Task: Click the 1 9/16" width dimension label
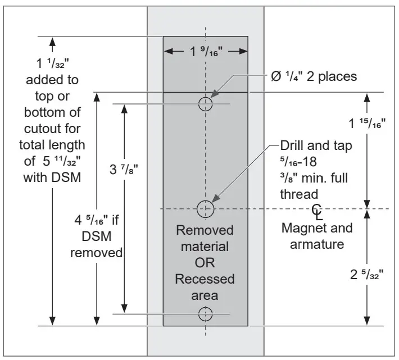(x=206, y=52)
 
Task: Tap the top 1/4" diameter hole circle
(x=206, y=103)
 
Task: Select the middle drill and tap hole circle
(x=206, y=208)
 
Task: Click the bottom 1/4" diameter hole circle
(x=206, y=314)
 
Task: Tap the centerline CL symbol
(x=318, y=211)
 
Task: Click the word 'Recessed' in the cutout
(x=205, y=279)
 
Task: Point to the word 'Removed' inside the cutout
(x=205, y=230)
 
